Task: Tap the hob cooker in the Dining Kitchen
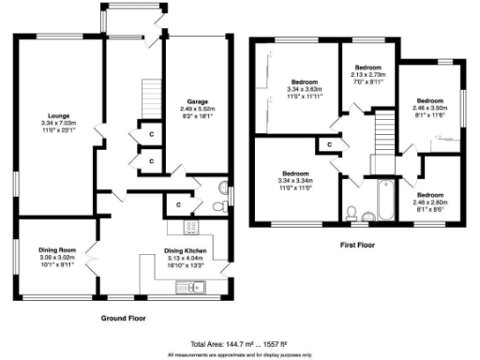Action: tap(193, 227)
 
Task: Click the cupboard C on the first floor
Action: tap(329, 144)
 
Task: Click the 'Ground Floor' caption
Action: tap(126, 319)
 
